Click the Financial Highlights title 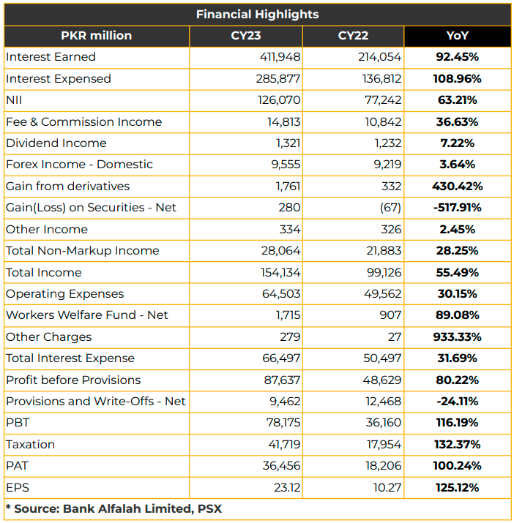257,15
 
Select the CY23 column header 246,36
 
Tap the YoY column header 457,36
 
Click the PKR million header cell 96,36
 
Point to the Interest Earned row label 51,57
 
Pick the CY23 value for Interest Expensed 278,79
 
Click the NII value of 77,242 383,100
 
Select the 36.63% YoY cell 457,121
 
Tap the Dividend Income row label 56,143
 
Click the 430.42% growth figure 457,186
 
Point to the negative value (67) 390,208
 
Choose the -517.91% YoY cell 457,208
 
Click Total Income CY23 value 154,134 280,273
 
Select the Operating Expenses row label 64,294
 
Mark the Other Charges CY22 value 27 395,337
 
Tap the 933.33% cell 457,337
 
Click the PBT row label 18,423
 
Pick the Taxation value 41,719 284,444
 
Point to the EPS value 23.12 287,488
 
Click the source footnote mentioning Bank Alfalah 114,508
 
